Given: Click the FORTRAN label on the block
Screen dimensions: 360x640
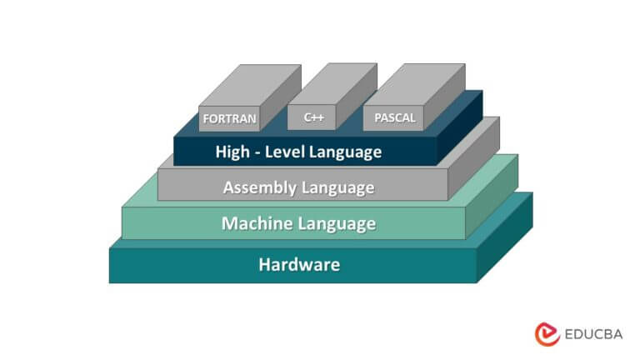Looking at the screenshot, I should [x=229, y=118].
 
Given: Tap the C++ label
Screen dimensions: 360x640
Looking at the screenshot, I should [x=313, y=117].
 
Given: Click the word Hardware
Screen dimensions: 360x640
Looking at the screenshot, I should [x=299, y=265].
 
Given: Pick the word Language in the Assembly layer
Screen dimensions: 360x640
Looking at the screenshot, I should [x=336, y=187].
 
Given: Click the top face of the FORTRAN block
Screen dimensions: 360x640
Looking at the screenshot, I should [x=250, y=84].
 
